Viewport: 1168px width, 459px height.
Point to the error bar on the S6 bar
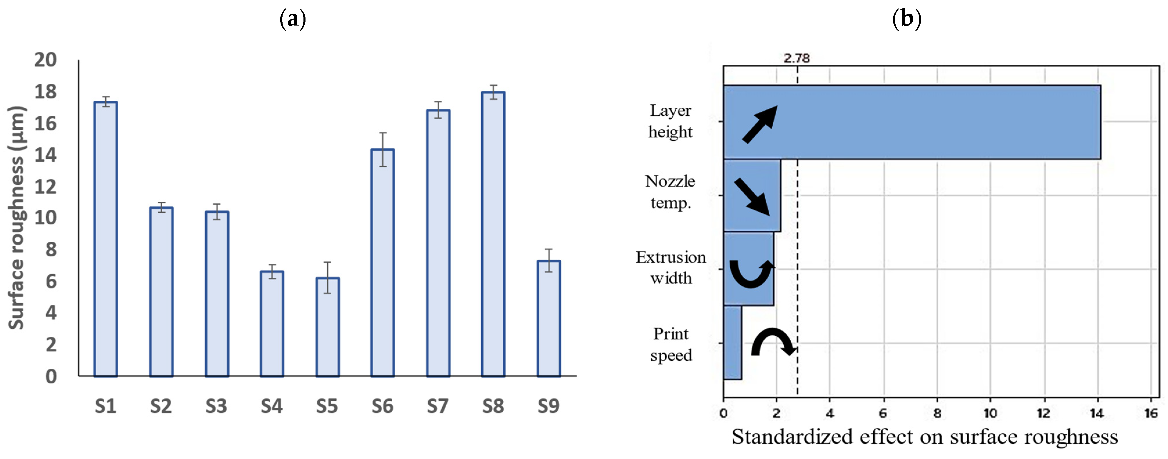tap(383, 149)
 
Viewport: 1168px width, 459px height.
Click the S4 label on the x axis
tap(272, 406)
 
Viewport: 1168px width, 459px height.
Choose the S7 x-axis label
tap(438, 406)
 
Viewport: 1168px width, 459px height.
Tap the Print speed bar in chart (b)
tap(733, 343)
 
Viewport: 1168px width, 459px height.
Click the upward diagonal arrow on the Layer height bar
tap(759, 124)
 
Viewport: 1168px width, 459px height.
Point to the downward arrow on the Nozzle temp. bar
tap(752, 196)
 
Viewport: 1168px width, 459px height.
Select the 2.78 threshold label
tap(797, 58)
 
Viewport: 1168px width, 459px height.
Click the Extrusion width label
tap(671, 267)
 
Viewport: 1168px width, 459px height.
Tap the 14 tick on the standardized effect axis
tap(1097, 413)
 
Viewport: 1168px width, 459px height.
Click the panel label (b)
tap(906, 19)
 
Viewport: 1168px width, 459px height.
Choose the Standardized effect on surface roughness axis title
tap(925, 437)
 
